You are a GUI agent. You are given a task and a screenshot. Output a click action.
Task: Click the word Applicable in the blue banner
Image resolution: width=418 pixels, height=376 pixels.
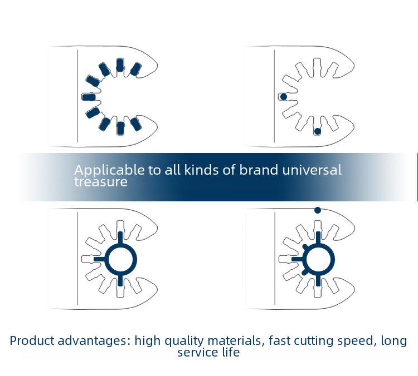tap(109, 170)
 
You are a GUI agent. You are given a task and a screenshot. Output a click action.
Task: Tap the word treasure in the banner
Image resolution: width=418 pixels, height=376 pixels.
tap(101, 182)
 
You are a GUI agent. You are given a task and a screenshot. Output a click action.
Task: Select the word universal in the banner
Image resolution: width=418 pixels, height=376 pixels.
tap(312, 170)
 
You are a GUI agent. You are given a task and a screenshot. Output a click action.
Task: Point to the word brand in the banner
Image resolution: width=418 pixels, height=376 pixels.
tap(259, 170)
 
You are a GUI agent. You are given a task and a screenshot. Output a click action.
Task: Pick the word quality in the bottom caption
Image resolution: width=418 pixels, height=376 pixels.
tap(183, 342)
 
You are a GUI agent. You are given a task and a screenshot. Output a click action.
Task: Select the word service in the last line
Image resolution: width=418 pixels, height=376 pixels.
tap(197, 353)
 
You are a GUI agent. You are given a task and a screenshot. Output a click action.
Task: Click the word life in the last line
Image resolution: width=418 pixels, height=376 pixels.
tap(231, 352)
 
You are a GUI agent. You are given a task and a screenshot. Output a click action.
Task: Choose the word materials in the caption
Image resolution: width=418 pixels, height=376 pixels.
tap(236, 341)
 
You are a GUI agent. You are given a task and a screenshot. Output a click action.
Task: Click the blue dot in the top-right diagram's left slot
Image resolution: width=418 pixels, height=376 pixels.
tap(284, 97)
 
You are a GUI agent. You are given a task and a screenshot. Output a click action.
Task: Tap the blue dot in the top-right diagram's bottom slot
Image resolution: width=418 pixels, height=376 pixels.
tap(317, 131)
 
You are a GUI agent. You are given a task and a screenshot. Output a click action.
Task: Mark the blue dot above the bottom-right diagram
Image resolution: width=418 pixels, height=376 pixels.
tap(318, 210)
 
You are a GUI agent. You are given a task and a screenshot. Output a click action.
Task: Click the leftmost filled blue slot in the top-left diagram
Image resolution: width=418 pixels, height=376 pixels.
tap(89, 97)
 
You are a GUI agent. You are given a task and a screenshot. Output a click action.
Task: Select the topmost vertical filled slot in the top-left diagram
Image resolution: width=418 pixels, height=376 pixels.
tap(120, 65)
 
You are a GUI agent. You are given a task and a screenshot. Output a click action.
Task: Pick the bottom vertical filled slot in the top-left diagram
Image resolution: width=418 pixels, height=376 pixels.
tap(120, 128)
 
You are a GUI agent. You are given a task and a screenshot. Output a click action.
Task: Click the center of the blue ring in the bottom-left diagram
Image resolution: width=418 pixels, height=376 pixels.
tap(121, 259)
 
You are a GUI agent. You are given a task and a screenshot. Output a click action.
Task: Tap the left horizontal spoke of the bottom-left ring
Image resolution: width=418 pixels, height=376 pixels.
tap(100, 259)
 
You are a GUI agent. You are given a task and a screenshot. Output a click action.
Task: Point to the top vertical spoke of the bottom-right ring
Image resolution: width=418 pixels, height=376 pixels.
tap(318, 238)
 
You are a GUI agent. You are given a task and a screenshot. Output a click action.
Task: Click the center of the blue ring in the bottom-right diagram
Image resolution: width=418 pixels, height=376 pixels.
tap(319, 259)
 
